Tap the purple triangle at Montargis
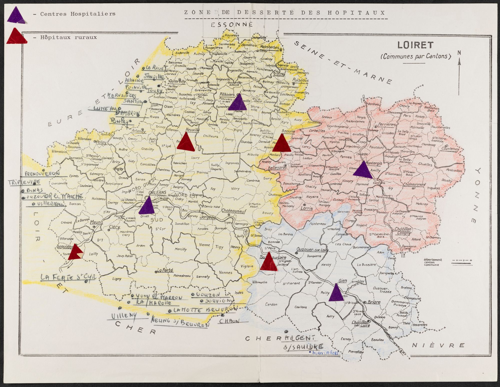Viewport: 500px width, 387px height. (363, 170)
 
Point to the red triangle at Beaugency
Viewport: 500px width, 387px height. (75, 253)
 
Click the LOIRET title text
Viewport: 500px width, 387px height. (415, 45)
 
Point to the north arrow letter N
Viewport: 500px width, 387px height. (459, 53)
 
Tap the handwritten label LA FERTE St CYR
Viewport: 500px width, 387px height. (68, 278)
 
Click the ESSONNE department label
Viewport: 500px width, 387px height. (232, 25)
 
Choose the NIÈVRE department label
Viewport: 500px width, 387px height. (438, 345)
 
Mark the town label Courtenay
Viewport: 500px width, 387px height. (450, 149)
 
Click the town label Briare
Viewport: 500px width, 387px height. (374, 302)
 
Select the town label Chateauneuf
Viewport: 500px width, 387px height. (233, 211)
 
